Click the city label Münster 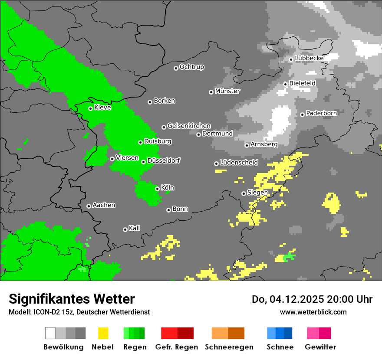click(227, 91)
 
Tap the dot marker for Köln click(157, 189)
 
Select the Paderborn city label click(322, 114)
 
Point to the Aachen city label click(104, 205)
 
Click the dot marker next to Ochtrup click(176, 68)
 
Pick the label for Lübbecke click(309, 58)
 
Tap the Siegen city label click(258, 193)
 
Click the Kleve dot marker click(90, 108)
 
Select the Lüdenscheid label click(239, 163)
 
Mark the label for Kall click(135, 228)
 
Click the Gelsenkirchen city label click(189, 126)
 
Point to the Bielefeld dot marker click(285, 84)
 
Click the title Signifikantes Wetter click(72, 299)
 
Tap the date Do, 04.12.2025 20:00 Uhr click(312, 299)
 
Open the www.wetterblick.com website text click(313, 312)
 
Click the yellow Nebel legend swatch click(103, 333)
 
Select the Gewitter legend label click(320, 347)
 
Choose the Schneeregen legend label click(229, 347)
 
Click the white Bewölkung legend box click(50, 333)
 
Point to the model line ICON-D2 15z click(79, 312)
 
